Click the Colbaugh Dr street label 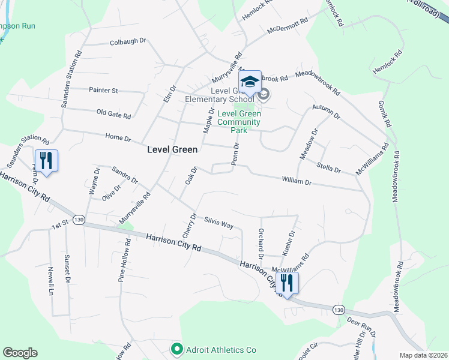click(x=128, y=41)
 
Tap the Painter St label click(x=103, y=90)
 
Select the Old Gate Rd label click(x=113, y=112)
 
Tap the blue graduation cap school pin click(x=250, y=82)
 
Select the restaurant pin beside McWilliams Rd click(x=288, y=283)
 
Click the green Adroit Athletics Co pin click(x=176, y=349)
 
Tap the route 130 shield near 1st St click(x=79, y=220)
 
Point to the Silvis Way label click(x=218, y=223)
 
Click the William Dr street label click(x=297, y=181)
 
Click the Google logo click(x=20, y=352)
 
